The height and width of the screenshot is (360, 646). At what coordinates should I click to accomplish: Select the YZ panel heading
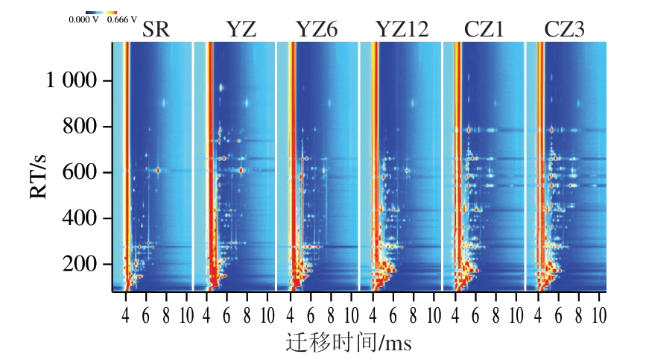(241, 30)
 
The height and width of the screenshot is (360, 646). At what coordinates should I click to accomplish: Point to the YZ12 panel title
(402, 30)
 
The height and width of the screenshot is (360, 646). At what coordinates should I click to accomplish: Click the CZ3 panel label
(564, 30)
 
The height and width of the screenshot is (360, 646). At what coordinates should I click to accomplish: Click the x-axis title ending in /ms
(349, 343)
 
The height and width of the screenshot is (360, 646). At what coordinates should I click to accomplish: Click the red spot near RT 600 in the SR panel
(158, 170)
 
